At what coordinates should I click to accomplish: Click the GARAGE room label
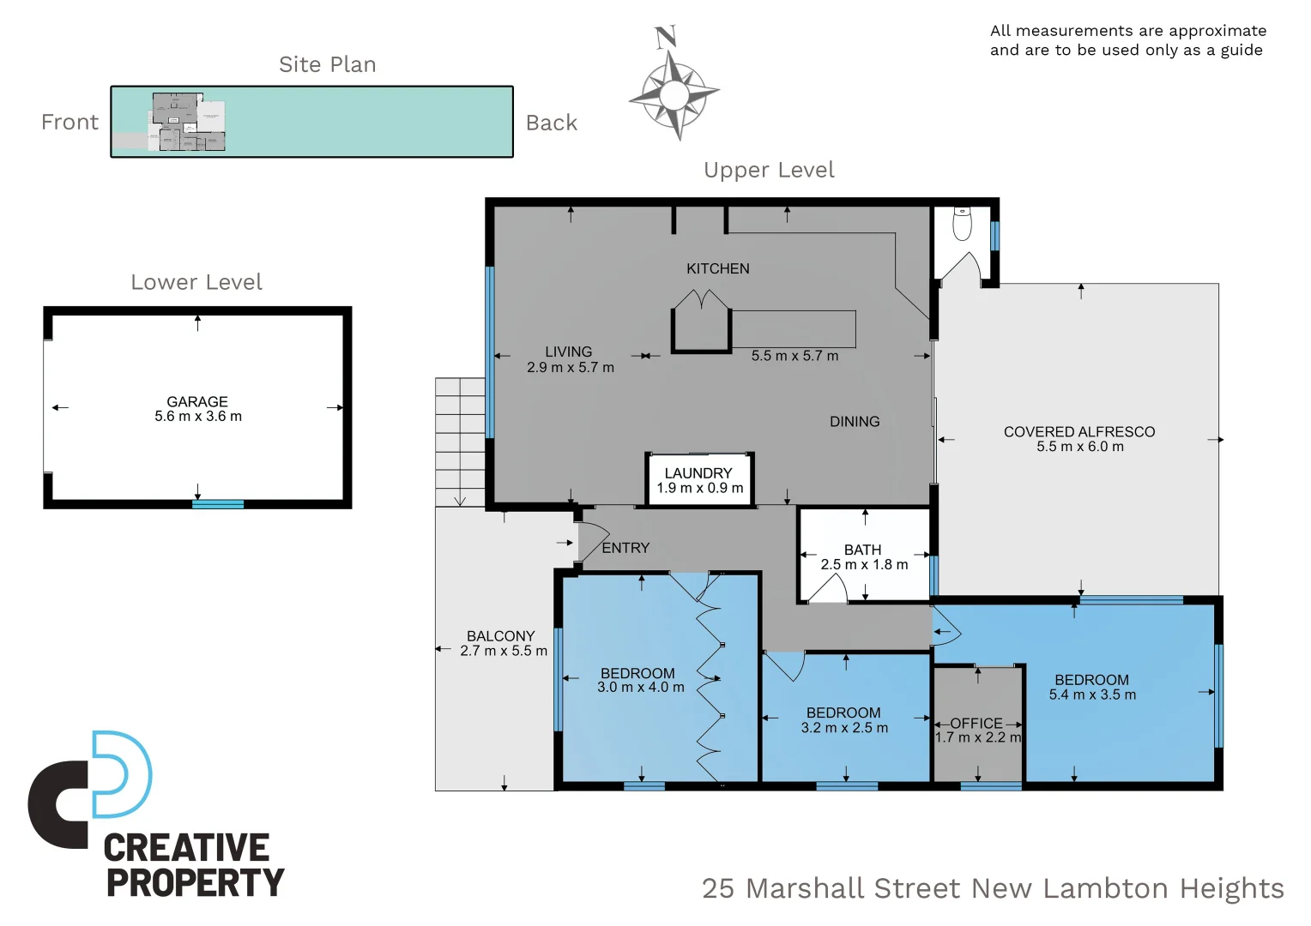tap(197, 402)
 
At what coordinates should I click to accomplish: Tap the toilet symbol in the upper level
tap(962, 223)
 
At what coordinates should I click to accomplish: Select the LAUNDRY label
tap(698, 473)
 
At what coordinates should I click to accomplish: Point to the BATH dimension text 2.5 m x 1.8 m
tap(864, 564)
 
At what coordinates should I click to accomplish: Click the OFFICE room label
tap(976, 724)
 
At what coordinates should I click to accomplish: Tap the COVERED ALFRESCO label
tap(1079, 431)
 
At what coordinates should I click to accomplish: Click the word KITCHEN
tap(717, 268)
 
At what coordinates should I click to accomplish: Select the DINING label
tap(855, 421)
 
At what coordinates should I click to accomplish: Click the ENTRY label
tap(625, 548)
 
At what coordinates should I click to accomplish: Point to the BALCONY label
tap(501, 636)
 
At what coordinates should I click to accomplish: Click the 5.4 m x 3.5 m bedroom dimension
tap(1092, 694)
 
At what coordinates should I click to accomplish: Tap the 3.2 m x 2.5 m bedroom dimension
tap(844, 728)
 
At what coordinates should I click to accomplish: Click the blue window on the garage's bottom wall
tap(218, 504)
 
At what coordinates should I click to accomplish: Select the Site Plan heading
tap(327, 64)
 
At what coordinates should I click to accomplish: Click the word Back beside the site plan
tap(552, 123)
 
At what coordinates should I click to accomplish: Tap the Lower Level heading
tap(196, 282)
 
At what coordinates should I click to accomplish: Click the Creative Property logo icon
tap(89, 789)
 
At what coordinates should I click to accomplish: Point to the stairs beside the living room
tap(460, 442)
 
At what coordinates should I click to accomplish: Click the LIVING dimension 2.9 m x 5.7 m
tap(570, 367)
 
